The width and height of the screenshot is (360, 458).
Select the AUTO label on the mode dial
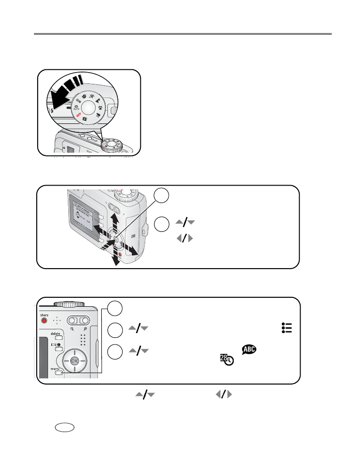(77, 108)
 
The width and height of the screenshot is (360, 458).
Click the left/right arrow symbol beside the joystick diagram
(184, 238)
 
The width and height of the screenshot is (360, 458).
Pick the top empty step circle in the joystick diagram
(161, 196)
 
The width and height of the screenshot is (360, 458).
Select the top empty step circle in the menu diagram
(115, 308)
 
